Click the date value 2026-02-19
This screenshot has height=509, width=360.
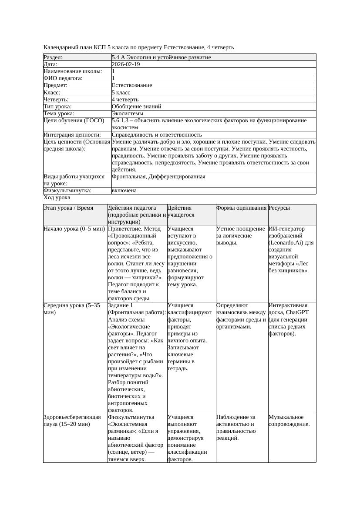[x=126, y=64]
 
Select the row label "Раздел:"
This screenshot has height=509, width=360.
[x=53, y=57]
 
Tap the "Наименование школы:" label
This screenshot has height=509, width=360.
[x=73, y=71]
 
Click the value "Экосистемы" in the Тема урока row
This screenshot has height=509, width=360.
[x=128, y=114]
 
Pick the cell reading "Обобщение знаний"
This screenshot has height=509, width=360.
[x=136, y=107]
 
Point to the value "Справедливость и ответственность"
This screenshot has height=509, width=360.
[x=156, y=135]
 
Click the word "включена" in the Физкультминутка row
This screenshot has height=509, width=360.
[x=124, y=191]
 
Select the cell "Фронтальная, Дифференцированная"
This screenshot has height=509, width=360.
[x=158, y=177]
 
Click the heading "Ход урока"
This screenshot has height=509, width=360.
[x=57, y=198]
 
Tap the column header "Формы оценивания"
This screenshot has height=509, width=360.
[x=241, y=208]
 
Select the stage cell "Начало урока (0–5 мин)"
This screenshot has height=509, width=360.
[x=74, y=229]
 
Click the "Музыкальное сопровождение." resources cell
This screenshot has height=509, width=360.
[x=289, y=420]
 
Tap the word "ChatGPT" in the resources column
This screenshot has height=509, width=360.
[x=298, y=312]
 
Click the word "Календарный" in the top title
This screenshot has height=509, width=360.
[x=61, y=47]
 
